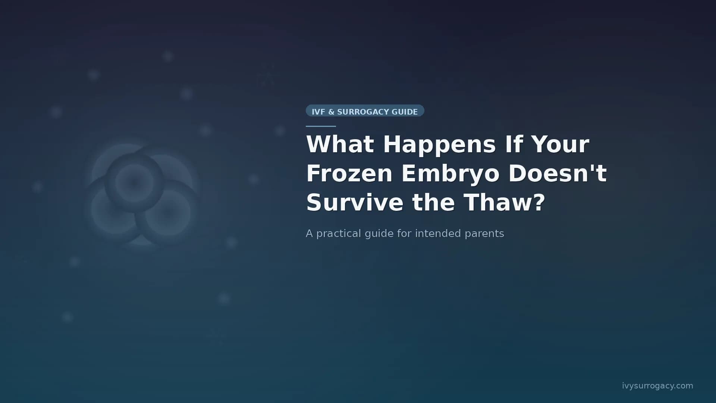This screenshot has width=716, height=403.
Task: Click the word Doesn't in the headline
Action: click(x=558, y=174)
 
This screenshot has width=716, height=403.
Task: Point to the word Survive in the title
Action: click(x=354, y=203)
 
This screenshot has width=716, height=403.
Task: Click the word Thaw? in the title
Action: click(x=505, y=203)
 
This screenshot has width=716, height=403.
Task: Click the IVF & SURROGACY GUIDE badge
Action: click(x=365, y=111)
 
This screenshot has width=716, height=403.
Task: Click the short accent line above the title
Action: click(x=321, y=126)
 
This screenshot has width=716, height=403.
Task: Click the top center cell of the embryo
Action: click(x=134, y=182)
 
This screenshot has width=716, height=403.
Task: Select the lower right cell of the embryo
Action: click(x=167, y=213)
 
